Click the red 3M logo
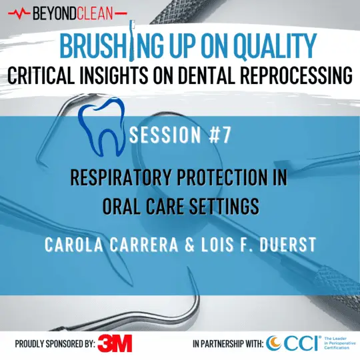tap(115, 343)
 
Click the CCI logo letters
tap(292, 343)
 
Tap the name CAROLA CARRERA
tap(107, 244)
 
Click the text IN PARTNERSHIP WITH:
tap(227, 344)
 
